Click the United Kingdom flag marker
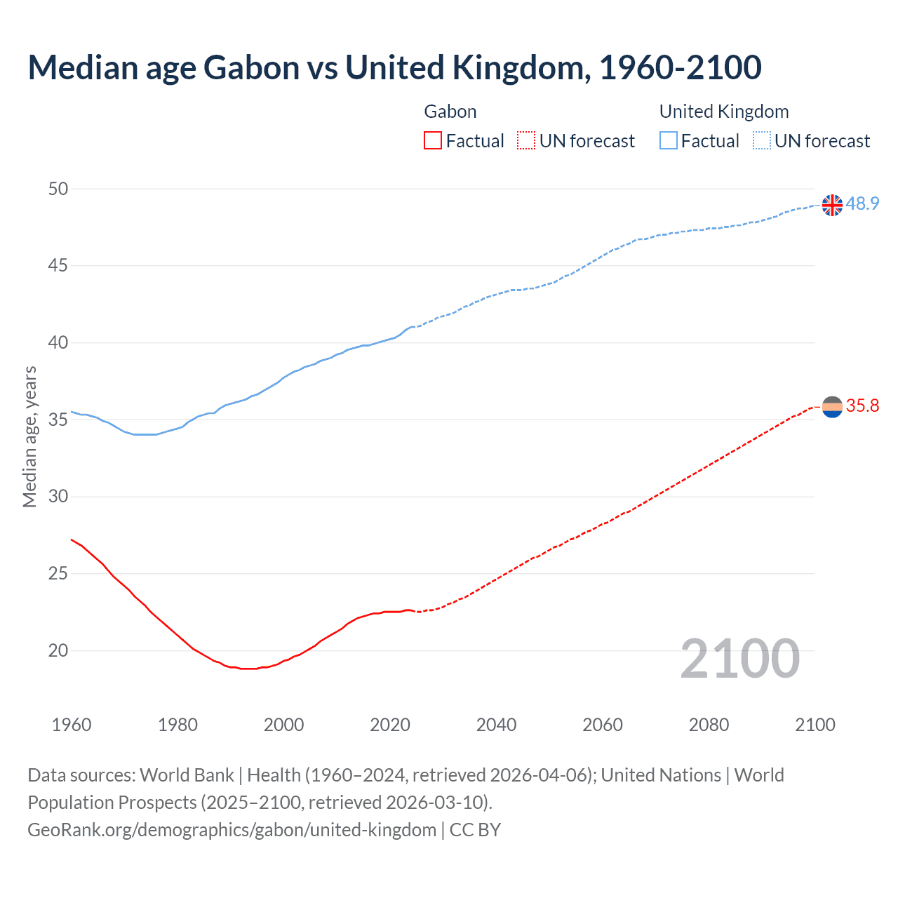coord(832,205)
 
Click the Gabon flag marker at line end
coord(832,406)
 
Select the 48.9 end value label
coord(862,204)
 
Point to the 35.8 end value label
coord(862,406)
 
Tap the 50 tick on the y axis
coord(58,189)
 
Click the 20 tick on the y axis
coord(58,650)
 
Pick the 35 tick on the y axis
coord(58,420)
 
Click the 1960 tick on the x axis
coord(72,725)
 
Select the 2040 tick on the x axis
coord(496,725)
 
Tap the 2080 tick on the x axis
coord(709,725)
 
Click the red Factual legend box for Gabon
coord(433,141)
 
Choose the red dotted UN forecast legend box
coord(526,141)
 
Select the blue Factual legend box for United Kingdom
coord(669,141)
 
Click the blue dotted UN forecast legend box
coord(761,141)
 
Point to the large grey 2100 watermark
coord(740,659)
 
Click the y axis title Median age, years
coord(29,436)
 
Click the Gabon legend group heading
coord(450,112)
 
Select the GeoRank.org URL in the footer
coord(232,830)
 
